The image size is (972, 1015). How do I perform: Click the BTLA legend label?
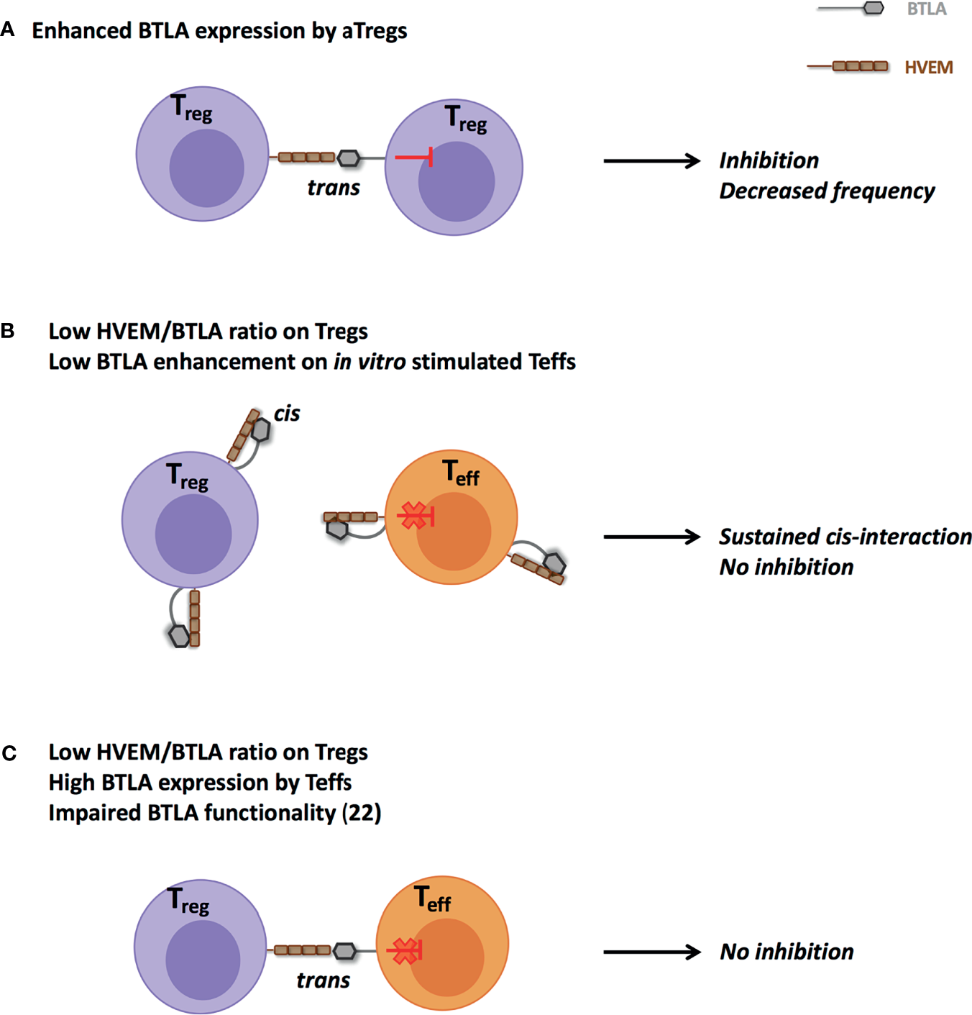(926, 9)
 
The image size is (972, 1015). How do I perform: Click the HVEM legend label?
(928, 68)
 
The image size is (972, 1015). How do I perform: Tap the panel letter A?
(8, 29)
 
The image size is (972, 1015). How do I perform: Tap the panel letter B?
(8, 331)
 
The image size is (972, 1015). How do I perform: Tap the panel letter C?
(9, 753)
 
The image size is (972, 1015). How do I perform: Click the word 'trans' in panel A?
(333, 188)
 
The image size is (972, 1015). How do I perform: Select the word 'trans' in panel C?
(323, 980)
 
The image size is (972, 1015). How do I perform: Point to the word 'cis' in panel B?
(286, 414)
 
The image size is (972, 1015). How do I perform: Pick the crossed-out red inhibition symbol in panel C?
(405, 951)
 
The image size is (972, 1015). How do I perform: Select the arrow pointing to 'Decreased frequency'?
(651, 161)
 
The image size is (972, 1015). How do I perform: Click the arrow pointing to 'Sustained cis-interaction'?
(651, 537)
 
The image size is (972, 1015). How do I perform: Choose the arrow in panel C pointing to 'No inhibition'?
(651, 952)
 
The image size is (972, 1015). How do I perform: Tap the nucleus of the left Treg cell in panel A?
(206, 168)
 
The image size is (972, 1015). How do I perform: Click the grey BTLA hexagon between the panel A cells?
(349, 158)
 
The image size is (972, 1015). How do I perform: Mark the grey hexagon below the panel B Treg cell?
(179, 636)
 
